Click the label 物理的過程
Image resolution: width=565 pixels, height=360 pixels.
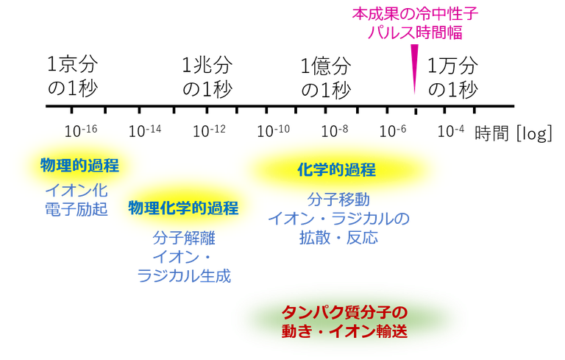(x=79, y=165)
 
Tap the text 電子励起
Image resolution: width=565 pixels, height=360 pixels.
(x=76, y=209)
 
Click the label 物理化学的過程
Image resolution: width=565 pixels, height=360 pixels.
(x=183, y=208)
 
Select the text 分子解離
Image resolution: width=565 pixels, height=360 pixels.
(x=183, y=239)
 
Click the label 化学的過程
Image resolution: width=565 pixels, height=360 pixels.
(x=336, y=170)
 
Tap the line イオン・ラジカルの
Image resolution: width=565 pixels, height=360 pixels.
(x=338, y=219)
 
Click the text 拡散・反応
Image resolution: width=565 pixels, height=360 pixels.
(x=338, y=238)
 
